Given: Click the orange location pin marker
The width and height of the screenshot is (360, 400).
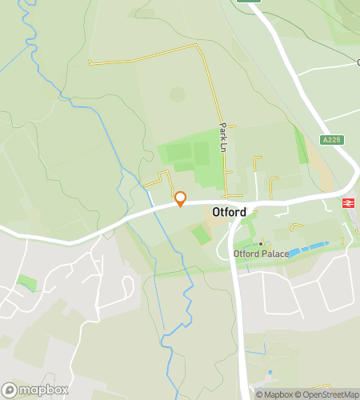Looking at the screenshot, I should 180,198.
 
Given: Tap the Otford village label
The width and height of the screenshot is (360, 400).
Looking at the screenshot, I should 229,212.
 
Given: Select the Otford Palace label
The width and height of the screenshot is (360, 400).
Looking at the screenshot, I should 261,254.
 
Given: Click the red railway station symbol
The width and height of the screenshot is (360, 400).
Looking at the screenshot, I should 348,203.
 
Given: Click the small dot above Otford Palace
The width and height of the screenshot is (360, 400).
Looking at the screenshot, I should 260,243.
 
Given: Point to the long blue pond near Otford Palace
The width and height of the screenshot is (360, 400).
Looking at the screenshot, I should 308,248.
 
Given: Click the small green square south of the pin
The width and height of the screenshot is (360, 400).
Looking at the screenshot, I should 201,234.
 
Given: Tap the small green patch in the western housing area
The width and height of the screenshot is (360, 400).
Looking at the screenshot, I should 26,282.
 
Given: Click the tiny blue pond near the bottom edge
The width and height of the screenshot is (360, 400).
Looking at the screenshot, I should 270,372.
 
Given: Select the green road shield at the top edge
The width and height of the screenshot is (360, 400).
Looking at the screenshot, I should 249,2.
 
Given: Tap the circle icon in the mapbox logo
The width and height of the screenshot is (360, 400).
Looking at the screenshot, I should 9,390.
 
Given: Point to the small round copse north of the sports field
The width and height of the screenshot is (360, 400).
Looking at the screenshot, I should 178,94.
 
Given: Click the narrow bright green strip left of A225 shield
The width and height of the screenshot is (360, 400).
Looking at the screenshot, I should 301,144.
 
